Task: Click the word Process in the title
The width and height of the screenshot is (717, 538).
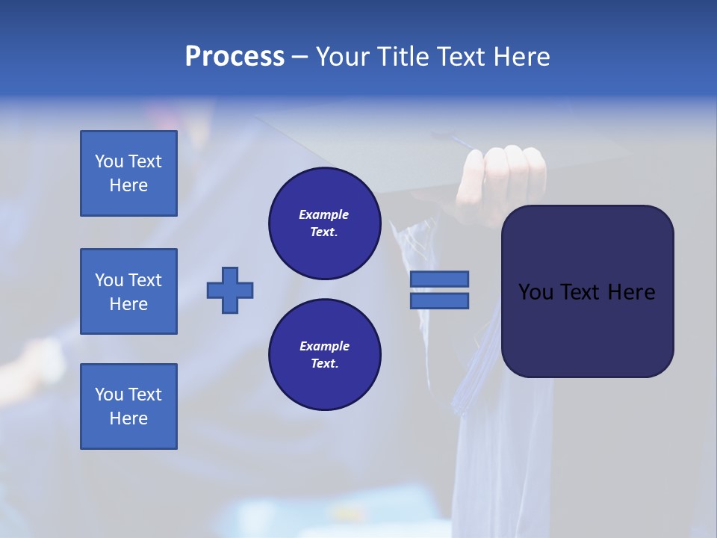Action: (x=235, y=57)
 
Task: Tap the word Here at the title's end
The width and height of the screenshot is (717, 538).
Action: (x=521, y=57)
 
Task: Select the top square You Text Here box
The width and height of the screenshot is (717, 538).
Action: (x=128, y=173)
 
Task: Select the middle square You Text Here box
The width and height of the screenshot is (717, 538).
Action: (x=128, y=291)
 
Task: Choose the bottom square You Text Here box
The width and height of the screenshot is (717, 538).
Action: (x=128, y=406)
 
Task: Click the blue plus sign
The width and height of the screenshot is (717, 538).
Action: (x=230, y=290)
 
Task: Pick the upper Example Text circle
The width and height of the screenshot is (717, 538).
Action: (x=324, y=223)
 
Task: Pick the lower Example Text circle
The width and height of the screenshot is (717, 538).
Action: (x=324, y=355)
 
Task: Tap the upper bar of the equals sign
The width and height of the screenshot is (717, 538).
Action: (x=439, y=279)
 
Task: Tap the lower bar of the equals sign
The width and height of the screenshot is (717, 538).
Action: (x=439, y=300)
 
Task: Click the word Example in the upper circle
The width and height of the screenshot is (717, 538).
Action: (x=323, y=214)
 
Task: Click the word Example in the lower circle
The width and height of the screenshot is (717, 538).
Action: (x=324, y=346)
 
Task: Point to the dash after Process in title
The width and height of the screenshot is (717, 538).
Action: (x=299, y=57)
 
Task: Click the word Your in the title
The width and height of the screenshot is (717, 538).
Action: (x=341, y=57)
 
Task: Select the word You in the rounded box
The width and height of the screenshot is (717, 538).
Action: (x=536, y=292)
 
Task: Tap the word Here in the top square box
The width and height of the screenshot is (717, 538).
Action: (x=128, y=185)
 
